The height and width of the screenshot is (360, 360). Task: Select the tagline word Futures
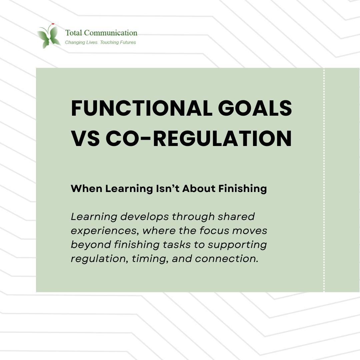pyautogui.click(x=126, y=42)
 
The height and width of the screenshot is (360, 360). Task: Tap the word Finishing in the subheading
pyautogui.click(x=243, y=189)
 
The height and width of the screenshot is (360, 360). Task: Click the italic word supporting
pyautogui.click(x=237, y=245)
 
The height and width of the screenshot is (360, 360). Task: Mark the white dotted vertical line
pyautogui.click(x=324, y=180)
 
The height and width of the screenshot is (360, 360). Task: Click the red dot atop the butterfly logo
pyautogui.click(x=53, y=24)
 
